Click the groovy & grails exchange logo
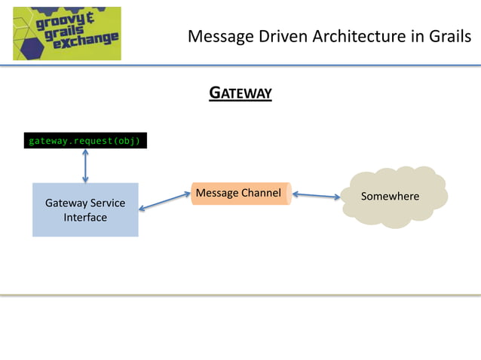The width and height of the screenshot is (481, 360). click(66, 33)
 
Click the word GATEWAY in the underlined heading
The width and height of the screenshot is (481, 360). click(240, 93)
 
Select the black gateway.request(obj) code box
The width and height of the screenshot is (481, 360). click(84, 141)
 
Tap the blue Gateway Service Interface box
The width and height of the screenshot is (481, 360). click(85, 210)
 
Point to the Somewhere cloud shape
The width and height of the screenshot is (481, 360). click(392, 197)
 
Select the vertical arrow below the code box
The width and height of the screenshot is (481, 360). click(85, 166)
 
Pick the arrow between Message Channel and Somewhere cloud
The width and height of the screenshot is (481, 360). click(316, 196)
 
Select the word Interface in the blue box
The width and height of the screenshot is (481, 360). click(85, 218)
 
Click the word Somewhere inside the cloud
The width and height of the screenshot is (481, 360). click(390, 197)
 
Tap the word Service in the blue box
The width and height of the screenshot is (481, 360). click(106, 203)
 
